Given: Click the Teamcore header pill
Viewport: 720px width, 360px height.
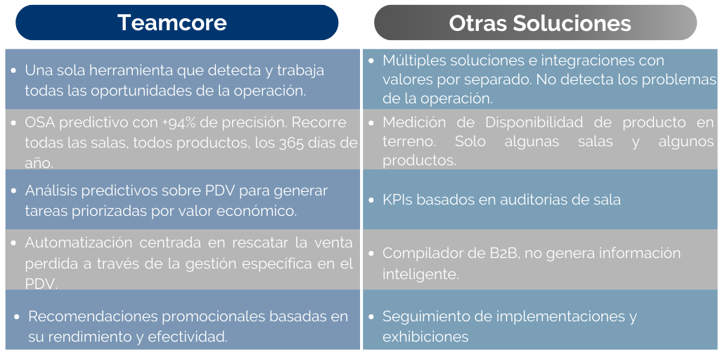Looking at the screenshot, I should click(173, 22).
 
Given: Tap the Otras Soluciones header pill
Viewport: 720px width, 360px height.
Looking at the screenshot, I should click(536, 22).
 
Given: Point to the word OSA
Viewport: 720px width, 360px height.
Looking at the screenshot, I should click(39, 122).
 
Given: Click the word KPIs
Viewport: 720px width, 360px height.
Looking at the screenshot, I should click(397, 200).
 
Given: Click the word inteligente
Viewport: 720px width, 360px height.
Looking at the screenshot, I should click(420, 274).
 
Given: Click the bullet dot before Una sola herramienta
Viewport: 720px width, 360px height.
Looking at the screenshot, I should click(15, 71).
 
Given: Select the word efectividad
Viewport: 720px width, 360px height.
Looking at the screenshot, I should click(187, 337).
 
